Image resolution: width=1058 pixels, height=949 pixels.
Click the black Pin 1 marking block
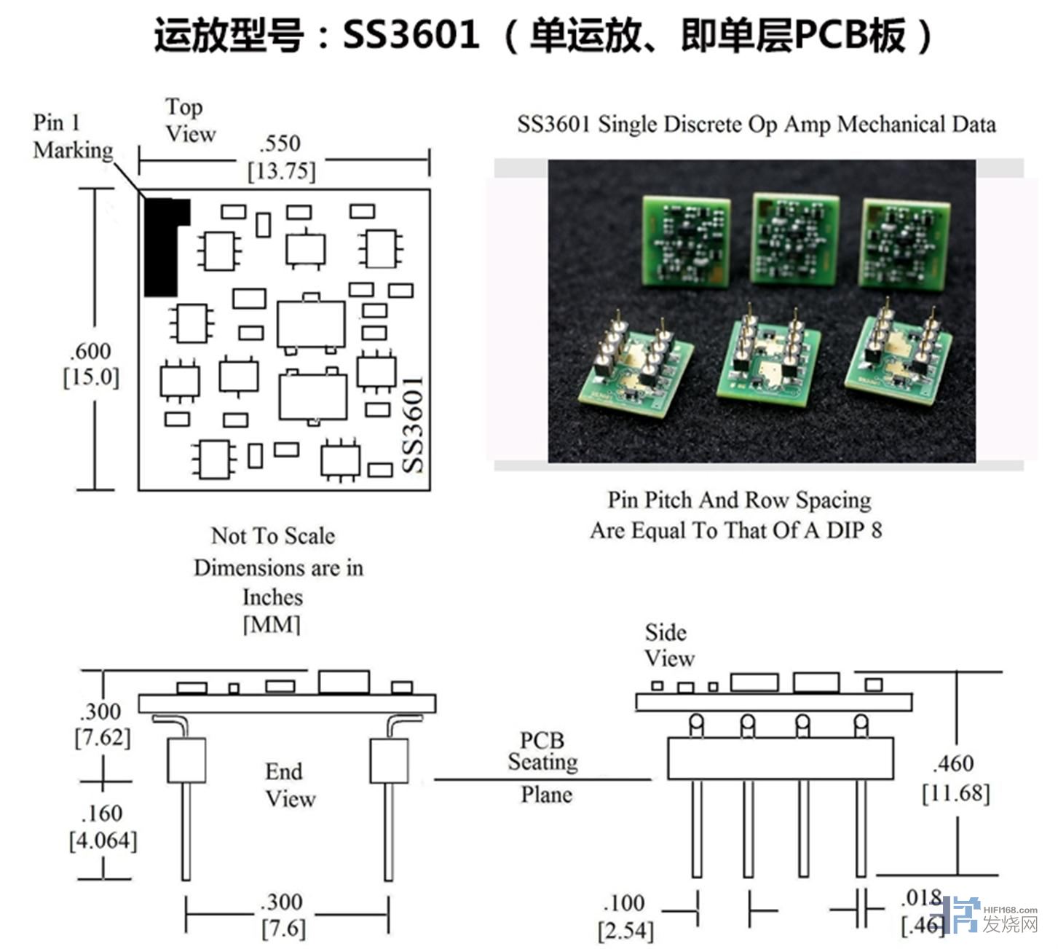pos(162,248)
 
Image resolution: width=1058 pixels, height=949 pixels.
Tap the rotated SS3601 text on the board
pos(413,425)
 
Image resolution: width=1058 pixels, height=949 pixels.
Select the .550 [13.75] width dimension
pos(283,157)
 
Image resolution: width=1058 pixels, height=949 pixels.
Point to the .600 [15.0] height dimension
pos(91,365)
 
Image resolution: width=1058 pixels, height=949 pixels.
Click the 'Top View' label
pos(190,120)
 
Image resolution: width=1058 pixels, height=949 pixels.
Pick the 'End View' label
pos(289,785)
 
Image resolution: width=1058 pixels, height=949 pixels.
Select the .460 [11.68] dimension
pos(955,778)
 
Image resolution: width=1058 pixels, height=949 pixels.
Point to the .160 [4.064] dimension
pos(103,827)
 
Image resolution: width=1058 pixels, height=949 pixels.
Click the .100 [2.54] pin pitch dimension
pos(625,916)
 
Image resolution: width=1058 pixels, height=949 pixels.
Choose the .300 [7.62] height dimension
pos(103,724)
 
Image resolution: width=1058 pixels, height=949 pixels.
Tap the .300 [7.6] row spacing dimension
pos(283,915)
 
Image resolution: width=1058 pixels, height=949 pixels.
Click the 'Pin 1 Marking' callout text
pos(73,136)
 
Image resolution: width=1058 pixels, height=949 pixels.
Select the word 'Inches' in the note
pos(272,597)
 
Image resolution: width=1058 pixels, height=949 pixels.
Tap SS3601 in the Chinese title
pos(411,35)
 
